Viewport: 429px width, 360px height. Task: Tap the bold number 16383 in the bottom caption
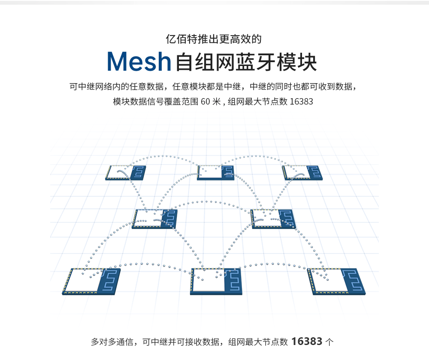[307, 342]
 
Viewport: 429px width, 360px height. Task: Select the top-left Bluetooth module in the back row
[126, 172]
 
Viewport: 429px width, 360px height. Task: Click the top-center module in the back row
[216, 172]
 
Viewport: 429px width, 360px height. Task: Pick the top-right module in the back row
[302, 172]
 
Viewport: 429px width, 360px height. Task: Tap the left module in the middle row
[155, 219]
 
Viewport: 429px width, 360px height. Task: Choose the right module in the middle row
[273, 219]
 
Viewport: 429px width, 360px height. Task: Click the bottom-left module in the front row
[91, 281]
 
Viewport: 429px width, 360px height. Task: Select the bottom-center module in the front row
[216, 281]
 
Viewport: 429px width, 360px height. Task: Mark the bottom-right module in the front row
[337, 281]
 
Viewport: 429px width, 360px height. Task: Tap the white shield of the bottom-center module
[208, 281]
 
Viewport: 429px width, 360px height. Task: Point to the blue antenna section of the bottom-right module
[353, 281]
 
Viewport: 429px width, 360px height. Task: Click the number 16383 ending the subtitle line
[301, 102]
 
